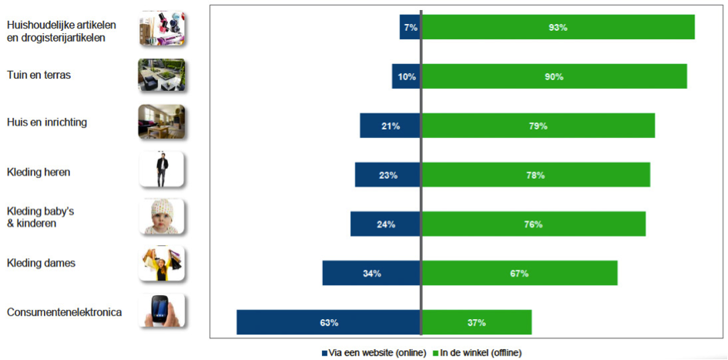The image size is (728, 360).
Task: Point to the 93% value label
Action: click(x=558, y=27)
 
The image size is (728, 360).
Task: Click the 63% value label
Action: click(x=329, y=322)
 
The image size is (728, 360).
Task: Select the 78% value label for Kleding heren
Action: click(x=535, y=175)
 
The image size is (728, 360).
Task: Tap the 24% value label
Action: click(x=386, y=224)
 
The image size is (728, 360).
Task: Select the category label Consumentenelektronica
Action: click(x=64, y=312)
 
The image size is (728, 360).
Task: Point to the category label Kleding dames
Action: click(x=41, y=263)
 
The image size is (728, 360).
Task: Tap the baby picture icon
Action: click(x=163, y=217)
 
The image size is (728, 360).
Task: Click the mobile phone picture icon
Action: click(x=163, y=311)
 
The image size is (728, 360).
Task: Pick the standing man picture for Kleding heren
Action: click(x=163, y=170)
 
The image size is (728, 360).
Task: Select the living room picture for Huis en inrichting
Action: click(x=163, y=122)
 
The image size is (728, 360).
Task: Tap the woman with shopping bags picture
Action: click(x=163, y=264)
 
